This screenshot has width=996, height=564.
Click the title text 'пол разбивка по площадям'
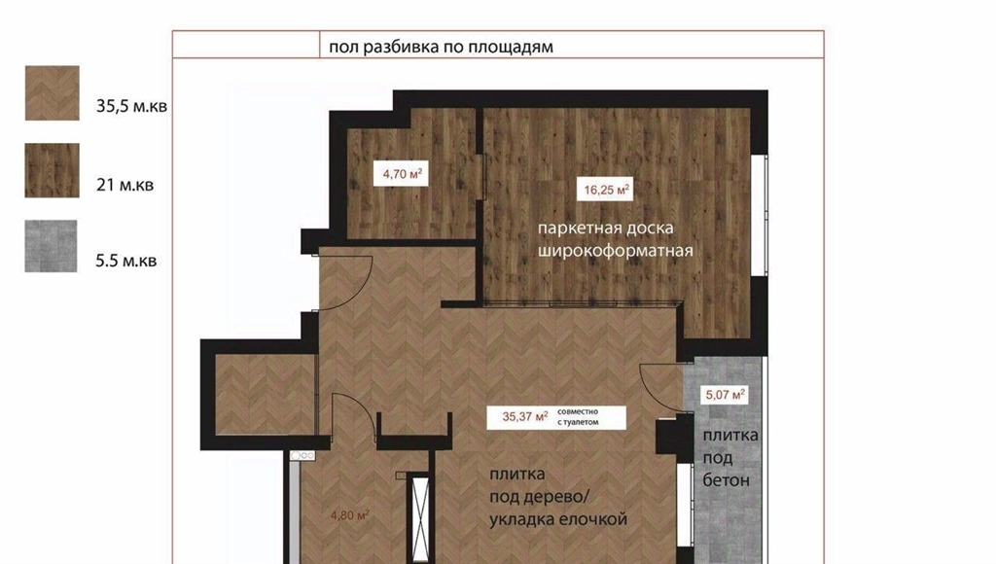pyautogui.click(x=441, y=47)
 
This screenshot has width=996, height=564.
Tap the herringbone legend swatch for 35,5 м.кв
pyautogui.click(x=53, y=92)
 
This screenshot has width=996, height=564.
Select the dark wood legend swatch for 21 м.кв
pyautogui.click(x=53, y=170)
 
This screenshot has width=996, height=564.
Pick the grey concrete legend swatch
pyautogui.click(x=51, y=246)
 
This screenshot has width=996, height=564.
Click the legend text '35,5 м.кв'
pyautogui.click(x=131, y=106)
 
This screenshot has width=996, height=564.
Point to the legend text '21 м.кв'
pyautogui.click(x=125, y=185)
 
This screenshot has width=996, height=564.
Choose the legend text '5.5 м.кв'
pyautogui.click(x=125, y=261)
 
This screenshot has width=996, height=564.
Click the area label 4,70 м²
pyautogui.click(x=401, y=173)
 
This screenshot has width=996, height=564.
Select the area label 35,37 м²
pyautogui.click(x=525, y=416)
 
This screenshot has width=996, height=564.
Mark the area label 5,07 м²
pyautogui.click(x=725, y=395)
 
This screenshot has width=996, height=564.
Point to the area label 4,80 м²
pyautogui.click(x=350, y=515)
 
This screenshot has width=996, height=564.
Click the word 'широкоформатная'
pyautogui.click(x=616, y=251)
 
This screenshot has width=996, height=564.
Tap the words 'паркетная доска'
pyautogui.click(x=605, y=228)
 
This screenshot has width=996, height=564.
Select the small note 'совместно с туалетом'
pyautogui.click(x=578, y=416)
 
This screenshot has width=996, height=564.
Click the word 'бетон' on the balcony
pyautogui.click(x=726, y=480)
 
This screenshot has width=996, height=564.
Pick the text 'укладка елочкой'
pyautogui.click(x=558, y=519)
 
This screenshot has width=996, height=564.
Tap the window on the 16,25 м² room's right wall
pyautogui.click(x=760, y=215)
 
